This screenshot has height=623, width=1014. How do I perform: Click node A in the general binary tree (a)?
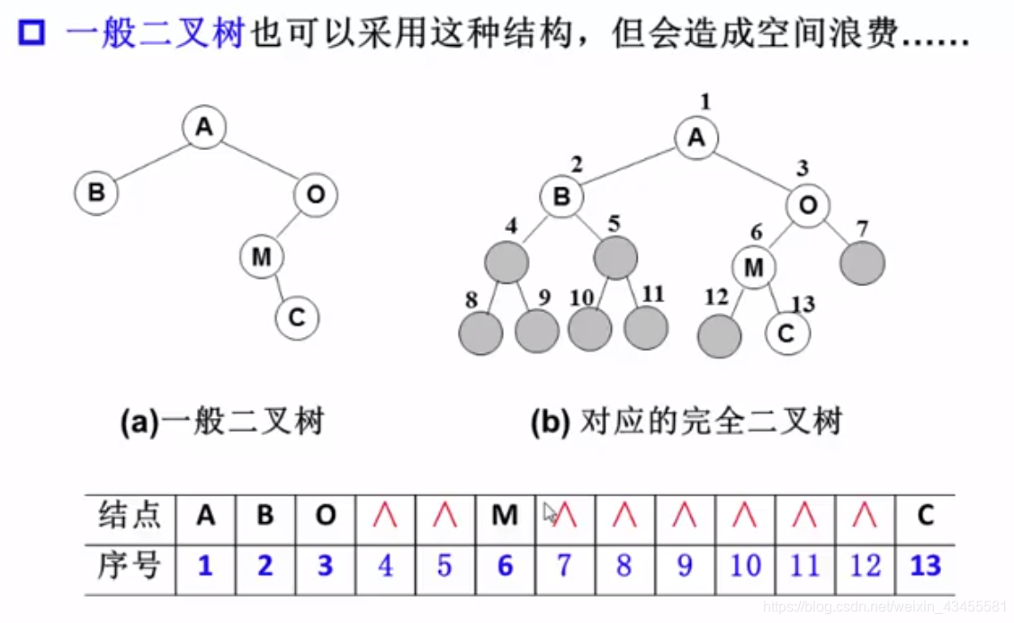(x=204, y=128)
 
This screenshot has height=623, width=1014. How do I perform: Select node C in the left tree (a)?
(x=298, y=317)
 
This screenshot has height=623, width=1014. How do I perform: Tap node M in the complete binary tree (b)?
(x=754, y=266)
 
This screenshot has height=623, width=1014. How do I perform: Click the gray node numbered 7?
(x=863, y=263)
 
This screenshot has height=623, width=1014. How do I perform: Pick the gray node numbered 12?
(x=720, y=336)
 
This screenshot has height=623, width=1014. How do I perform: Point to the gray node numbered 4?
(x=505, y=263)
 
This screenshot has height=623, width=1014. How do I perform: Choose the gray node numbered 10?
(x=590, y=328)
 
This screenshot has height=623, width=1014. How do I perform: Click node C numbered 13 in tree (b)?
(x=787, y=334)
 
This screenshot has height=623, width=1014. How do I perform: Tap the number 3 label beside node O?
(x=803, y=168)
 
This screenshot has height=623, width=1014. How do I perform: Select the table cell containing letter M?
(x=505, y=515)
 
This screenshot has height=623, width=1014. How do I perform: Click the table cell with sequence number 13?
(x=925, y=565)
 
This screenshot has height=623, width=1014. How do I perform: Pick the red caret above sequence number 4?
(x=385, y=515)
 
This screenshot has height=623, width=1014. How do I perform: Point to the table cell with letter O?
(x=326, y=515)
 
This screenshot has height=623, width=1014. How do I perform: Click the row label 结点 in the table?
(x=130, y=515)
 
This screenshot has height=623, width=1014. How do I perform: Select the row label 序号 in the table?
(x=130, y=565)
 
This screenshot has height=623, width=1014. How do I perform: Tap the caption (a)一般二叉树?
(x=221, y=422)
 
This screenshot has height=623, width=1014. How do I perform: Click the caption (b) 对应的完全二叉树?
(x=686, y=422)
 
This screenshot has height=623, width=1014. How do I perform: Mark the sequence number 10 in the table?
(x=744, y=565)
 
